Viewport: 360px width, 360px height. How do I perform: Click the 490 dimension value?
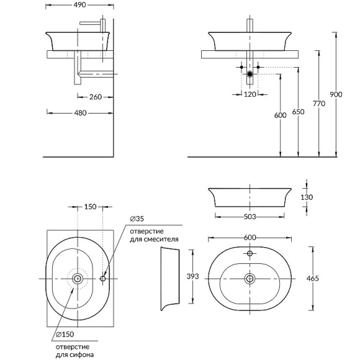(x=79, y=5)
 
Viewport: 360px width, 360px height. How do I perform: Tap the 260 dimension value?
(x=96, y=97)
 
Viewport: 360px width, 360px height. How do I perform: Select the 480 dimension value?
(x=80, y=113)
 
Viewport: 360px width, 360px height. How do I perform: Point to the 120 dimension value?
(x=250, y=94)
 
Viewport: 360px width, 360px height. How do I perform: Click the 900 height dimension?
(x=336, y=94)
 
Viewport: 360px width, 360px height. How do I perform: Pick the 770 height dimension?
(x=319, y=104)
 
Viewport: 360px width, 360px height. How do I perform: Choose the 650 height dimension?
(x=298, y=112)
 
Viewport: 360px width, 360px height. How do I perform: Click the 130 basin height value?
(x=307, y=197)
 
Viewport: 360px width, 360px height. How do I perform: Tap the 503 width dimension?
(x=250, y=217)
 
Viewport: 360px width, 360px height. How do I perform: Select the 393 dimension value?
(x=192, y=276)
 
